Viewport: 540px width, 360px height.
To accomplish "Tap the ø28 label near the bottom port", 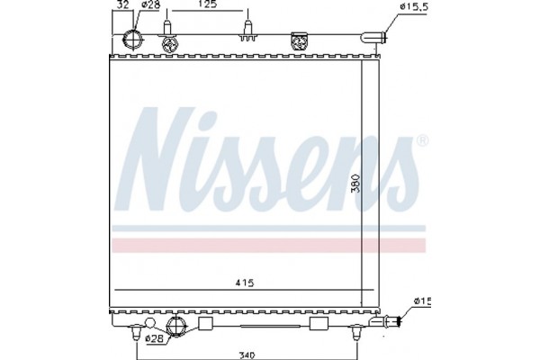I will (155, 338).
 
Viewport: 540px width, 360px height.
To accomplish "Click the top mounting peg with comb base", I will (246, 33).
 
